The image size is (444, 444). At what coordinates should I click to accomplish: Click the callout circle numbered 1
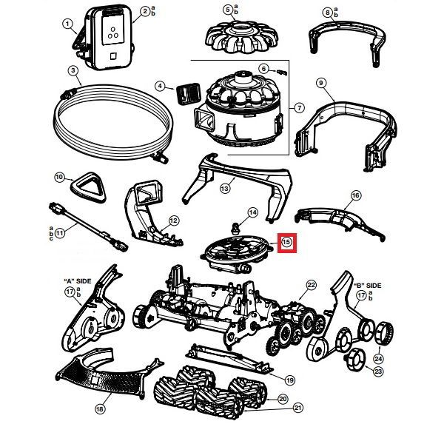(67, 24)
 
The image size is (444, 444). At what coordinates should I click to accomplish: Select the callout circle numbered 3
(73, 71)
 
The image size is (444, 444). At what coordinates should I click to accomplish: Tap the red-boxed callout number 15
(286, 241)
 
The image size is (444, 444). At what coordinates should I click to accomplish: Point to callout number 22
(312, 285)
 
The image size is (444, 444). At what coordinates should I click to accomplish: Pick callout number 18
(100, 408)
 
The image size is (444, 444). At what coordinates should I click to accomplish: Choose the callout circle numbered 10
(60, 177)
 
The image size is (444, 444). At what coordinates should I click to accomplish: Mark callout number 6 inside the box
(263, 69)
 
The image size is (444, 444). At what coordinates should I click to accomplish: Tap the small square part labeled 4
(186, 94)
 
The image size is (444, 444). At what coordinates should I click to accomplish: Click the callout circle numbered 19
(290, 380)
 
